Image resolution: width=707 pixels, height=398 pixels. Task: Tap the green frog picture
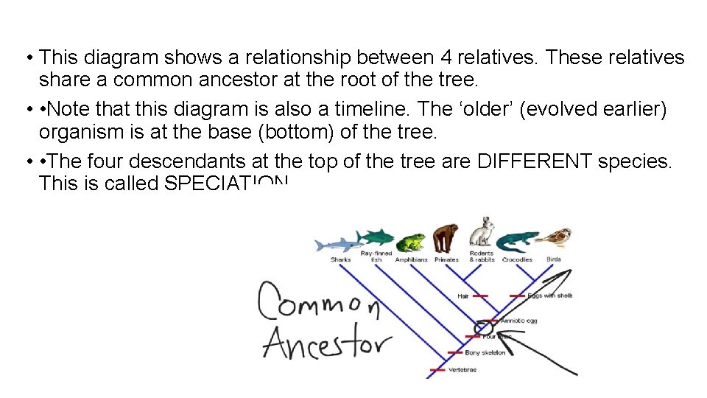pyautogui.click(x=409, y=242)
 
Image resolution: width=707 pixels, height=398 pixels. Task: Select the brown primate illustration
pyautogui.click(x=445, y=237)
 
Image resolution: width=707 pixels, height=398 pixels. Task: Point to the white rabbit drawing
pyautogui.click(x=482, y=233)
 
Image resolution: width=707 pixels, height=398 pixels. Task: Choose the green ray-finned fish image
pyautogui.click(x=376, y=237)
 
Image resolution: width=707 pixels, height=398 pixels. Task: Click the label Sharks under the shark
pyautogui.click(x=340, y=259)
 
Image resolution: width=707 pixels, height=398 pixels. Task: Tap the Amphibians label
pyautogui.click(x=412, y=259)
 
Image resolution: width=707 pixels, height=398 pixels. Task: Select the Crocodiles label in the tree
pyautogui.click(x=517, y=259)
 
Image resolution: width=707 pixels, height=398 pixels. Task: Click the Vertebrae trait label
pyautogui.click(x=462, y=370)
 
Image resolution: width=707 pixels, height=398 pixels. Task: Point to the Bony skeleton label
pyautogui.click(x=485, y=353)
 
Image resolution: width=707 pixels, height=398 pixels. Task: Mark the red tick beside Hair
pyautogui.click(x=480, y=296)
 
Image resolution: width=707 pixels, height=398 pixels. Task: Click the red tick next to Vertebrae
pyautogui.click(x=437, y=370)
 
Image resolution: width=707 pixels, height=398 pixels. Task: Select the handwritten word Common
pyautogui.click(x=318, y=302)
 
